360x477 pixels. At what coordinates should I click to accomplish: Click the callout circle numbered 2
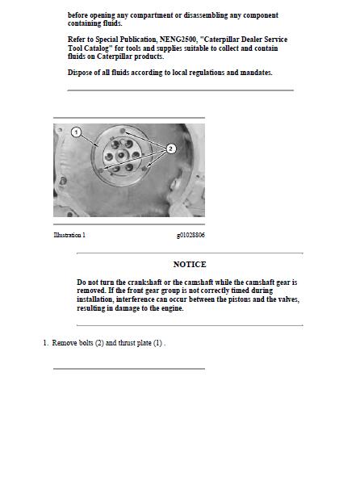[170, 149]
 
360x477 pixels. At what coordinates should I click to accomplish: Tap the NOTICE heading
[190, 264]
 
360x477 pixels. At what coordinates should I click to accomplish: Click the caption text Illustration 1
[69, 235]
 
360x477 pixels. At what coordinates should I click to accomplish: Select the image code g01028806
[190, 235]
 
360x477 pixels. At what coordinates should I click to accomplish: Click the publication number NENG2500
[173, 39]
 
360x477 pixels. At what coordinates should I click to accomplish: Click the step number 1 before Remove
[45, 343]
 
